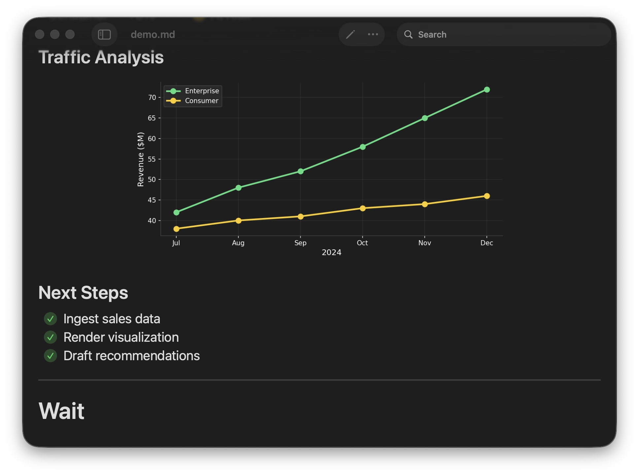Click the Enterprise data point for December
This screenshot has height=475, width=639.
(487, 90)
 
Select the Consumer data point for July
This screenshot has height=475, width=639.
(176, 229)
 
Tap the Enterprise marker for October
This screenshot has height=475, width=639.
(362, 147)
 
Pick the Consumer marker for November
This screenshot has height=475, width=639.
(425, 204)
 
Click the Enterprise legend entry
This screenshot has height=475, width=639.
(192, 91)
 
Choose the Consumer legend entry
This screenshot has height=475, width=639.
(192, 101)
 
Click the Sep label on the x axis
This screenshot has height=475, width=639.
(300, 243)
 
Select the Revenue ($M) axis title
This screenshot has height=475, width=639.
(141, 159)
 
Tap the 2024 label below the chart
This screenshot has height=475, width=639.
(331, 252)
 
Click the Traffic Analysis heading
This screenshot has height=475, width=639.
(101, 57)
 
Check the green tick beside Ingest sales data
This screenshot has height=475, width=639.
(50, 319)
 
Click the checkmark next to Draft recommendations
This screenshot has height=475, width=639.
(50, 356)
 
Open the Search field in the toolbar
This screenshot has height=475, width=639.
(504, 34)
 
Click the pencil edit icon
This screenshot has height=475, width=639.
(350, 34)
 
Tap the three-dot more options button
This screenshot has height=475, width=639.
(373, 34)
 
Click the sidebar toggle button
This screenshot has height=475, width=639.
(104, 34)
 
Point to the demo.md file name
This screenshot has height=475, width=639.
(153, 34)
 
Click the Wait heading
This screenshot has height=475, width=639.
(61, 411)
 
